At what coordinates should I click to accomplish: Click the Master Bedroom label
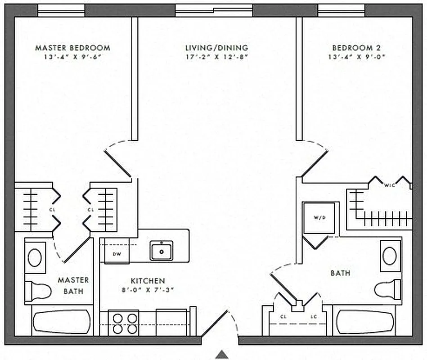(72, 48)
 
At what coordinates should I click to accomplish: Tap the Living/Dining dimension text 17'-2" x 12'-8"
(216, 57)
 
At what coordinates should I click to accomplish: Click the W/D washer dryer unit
(319, 218)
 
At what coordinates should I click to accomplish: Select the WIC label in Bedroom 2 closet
(390, 184)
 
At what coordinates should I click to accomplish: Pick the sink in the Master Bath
(35, 257)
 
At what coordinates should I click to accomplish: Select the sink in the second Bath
(390, 256)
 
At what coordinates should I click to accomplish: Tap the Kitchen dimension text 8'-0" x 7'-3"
(148, 290)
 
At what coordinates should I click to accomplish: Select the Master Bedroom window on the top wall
(61, 10)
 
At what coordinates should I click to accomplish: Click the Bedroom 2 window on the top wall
(341, 10)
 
